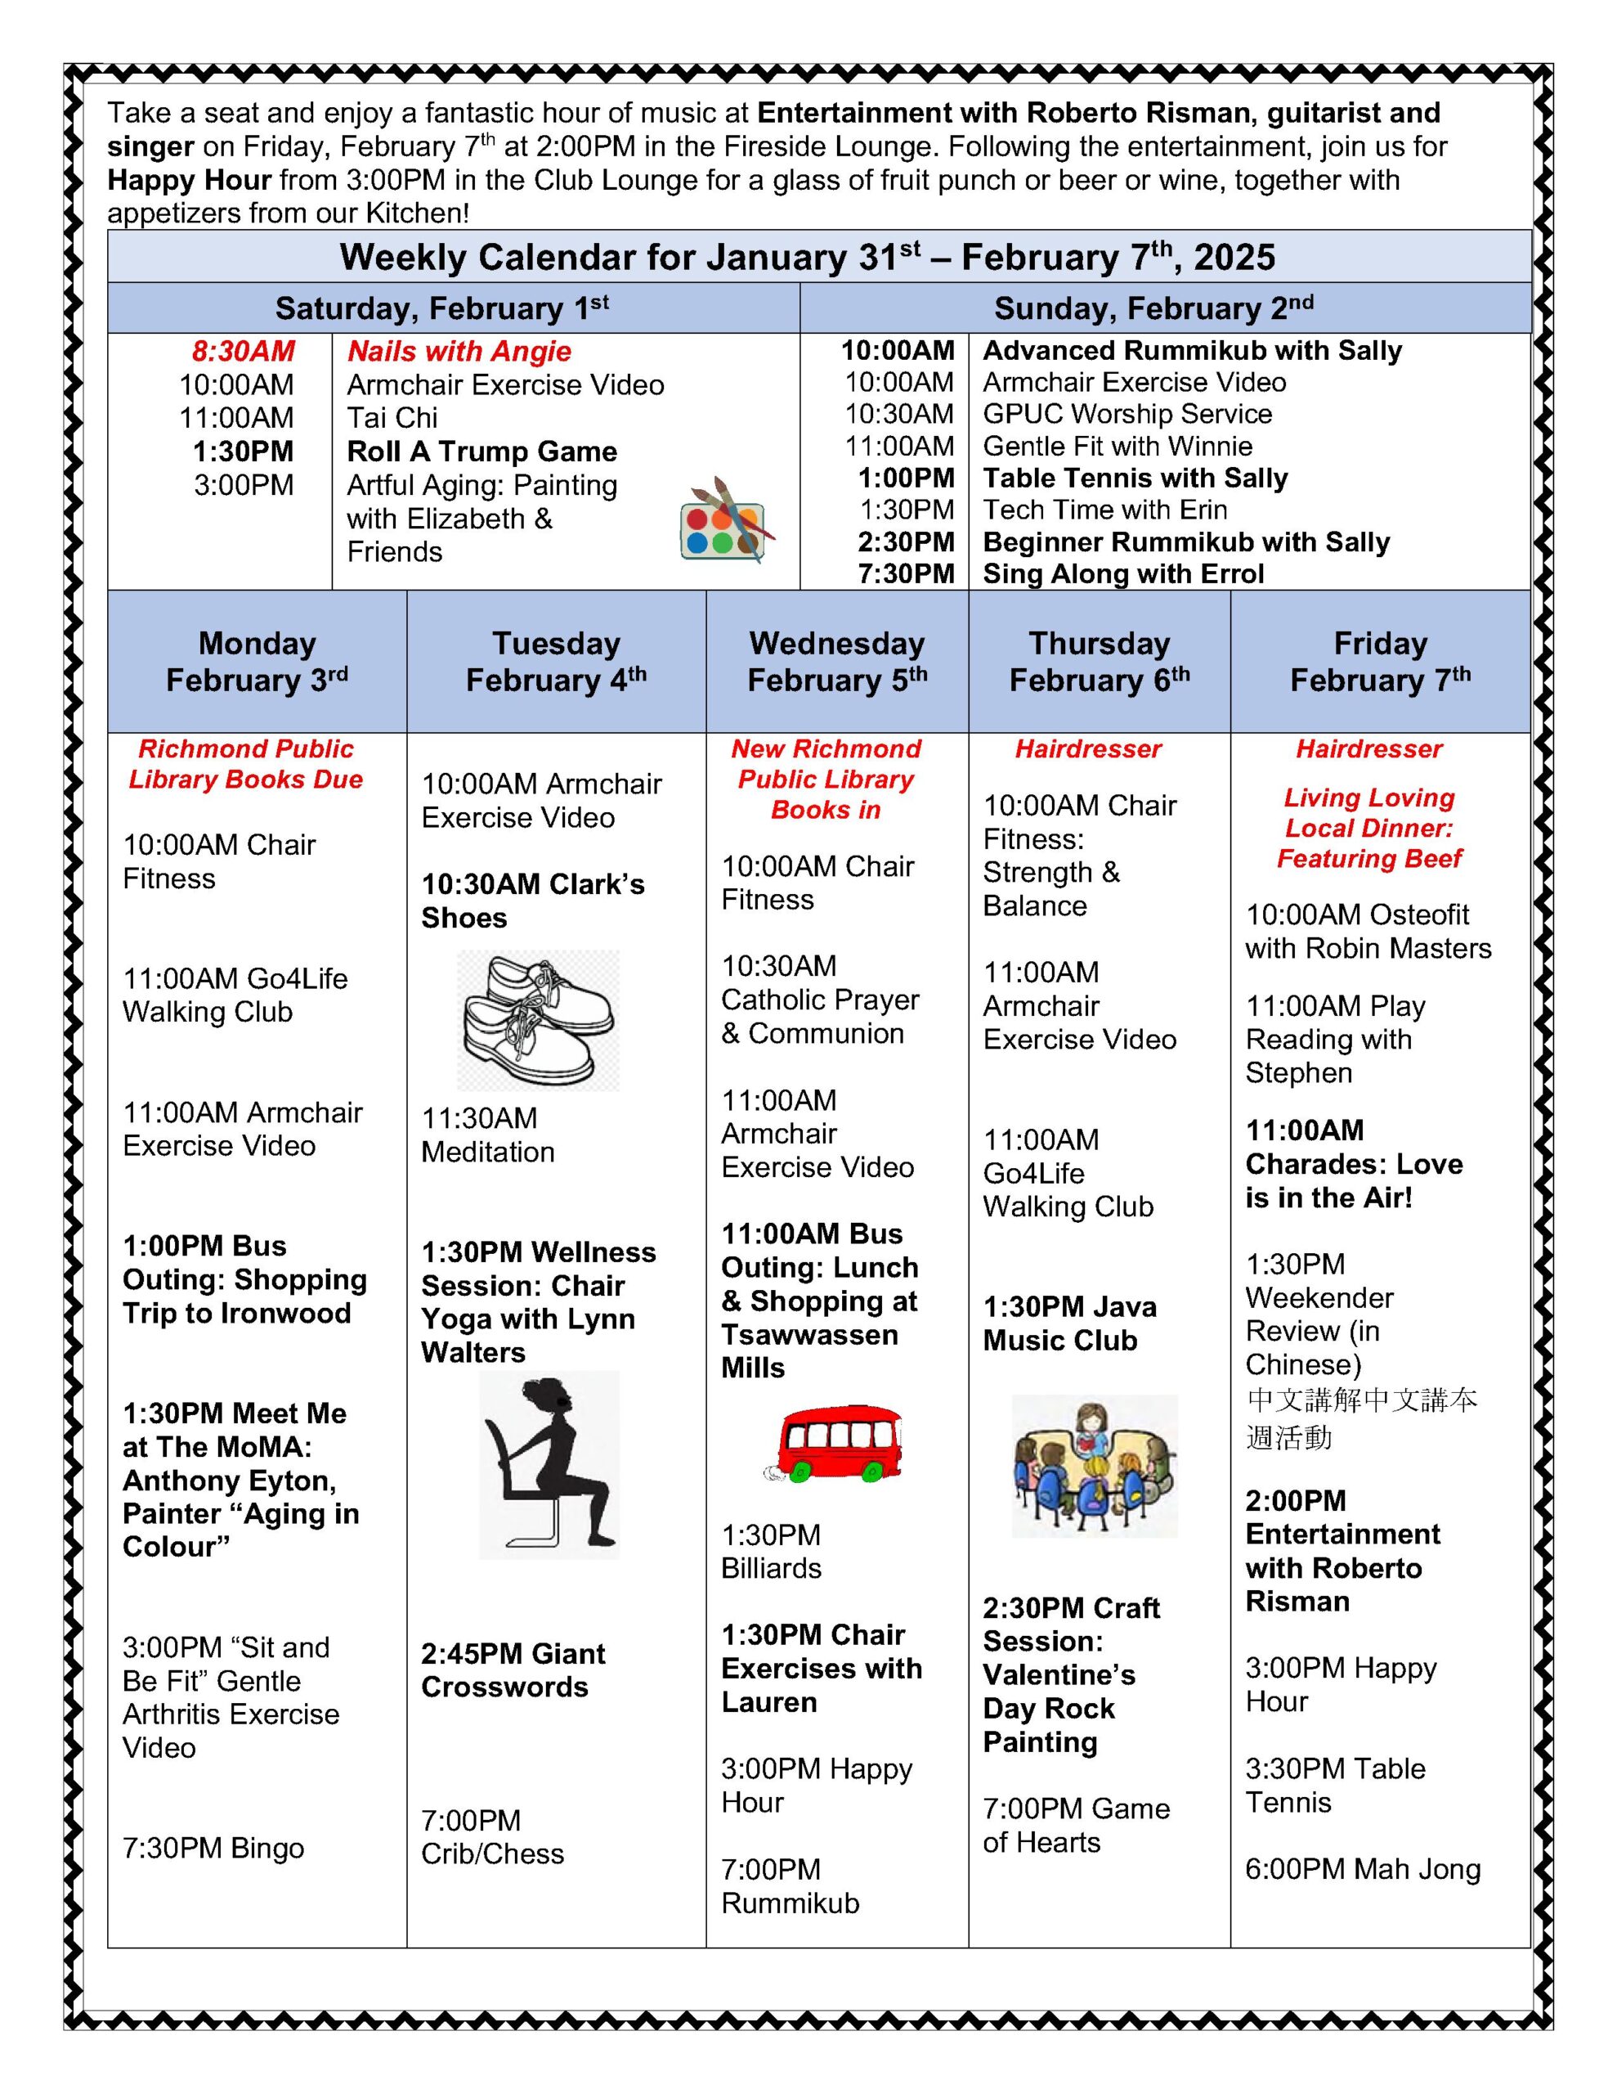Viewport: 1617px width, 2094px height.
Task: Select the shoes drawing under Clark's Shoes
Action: coord(538,1019)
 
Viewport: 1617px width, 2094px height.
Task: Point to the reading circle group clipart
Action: coord(1094,1466)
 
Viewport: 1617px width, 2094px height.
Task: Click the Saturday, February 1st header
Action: coord(442,308)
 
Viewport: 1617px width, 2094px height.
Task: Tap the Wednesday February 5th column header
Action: coord(837,662)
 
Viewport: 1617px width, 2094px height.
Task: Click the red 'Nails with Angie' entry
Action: coord(459,352)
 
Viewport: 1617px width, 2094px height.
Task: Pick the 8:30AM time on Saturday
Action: coord(244,352)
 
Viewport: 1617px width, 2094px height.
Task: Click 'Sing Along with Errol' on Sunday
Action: coord(1123,573)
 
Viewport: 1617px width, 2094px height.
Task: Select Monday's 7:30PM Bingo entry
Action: coord(213,1849)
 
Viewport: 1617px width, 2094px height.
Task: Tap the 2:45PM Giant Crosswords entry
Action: coord(513,1670)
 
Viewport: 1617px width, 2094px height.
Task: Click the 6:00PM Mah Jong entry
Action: coord(1362,1870)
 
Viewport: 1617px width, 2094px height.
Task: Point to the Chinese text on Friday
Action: coord(1360,1419)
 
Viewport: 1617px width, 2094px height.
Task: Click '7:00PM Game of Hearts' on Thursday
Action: coord(1076,1826)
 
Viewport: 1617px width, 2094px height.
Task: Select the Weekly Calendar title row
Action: coord(807,257)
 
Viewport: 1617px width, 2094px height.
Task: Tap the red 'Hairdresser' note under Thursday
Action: coord(1088,748)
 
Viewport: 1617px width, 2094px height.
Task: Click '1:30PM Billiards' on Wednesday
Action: coord(772,1552)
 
